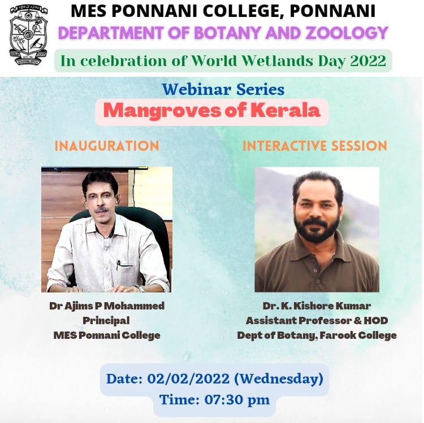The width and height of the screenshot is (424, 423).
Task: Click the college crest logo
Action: (x=29, y=36)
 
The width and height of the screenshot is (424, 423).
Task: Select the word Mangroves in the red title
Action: (x=162, y=111)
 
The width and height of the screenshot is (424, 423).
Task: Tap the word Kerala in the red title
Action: (x=285, y=110)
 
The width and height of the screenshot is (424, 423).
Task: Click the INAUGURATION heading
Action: (x=107, y=146)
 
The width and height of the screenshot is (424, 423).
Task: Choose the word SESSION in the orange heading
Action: (x=360, y=146)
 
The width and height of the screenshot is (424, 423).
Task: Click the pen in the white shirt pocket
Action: (x=119, y=265)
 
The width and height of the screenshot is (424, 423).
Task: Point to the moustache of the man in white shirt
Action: (x=101, y=210)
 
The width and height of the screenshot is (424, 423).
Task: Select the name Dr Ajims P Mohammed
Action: (x=107, y=306)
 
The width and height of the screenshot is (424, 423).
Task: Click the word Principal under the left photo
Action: (x=106, y=321)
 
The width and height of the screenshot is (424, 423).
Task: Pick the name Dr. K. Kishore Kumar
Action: (x=317, y=306)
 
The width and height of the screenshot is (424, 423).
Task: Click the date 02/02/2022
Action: (x=188, y=379)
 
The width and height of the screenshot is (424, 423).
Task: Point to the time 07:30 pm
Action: (x=237, y=400)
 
